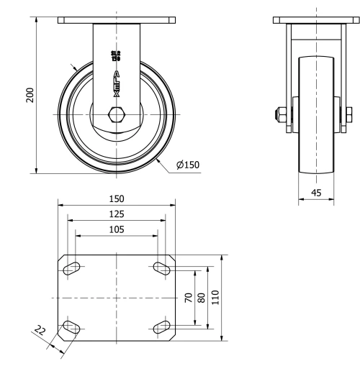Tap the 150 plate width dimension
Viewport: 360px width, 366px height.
click(x=116, y=198)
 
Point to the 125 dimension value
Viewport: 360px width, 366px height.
click(x=116, y=214)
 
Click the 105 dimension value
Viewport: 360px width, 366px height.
click(x=116, y=229)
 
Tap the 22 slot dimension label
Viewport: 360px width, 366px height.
click(x=40, y=331)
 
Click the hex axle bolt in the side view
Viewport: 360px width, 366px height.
click(x=116, y=114)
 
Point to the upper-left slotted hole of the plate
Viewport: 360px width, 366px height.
click(x=72, y=268)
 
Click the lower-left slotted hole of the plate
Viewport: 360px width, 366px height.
click(x=72, y=328)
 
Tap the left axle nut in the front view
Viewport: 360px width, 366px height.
click(x=276, y=114)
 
